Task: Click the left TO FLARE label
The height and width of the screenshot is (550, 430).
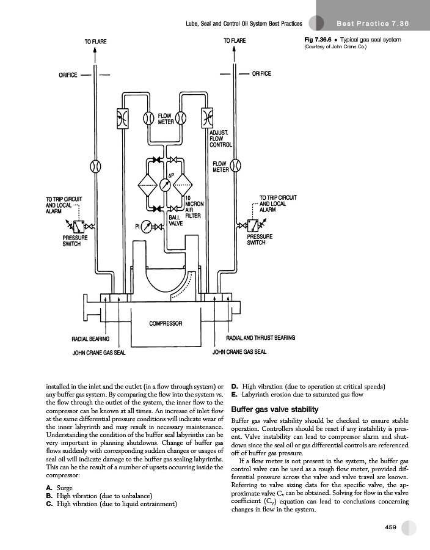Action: click(x=95, y=41)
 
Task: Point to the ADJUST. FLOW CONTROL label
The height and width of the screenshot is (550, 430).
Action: click(x=220, y=139)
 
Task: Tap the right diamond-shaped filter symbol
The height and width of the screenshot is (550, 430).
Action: click(x=184, y=184)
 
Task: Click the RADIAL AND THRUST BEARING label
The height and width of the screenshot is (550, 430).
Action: click(x=261, y=337)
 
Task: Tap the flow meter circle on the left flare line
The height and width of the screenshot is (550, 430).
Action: click(x=95, y=166)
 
